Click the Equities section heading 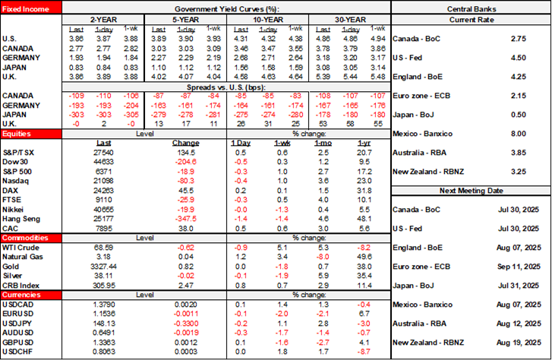16,132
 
